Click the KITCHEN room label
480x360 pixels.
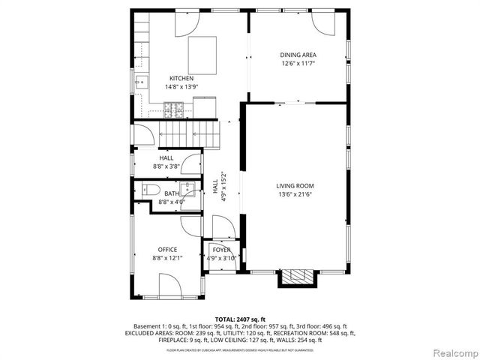181,79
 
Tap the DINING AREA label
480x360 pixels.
298,55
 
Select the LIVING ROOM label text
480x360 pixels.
295,186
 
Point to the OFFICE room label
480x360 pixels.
167,250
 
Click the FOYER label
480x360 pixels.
221,250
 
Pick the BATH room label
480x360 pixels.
172,193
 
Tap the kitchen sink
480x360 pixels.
140,82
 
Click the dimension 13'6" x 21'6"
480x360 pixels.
295,194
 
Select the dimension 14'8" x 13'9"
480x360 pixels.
181,87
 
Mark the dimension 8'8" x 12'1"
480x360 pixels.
167,258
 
